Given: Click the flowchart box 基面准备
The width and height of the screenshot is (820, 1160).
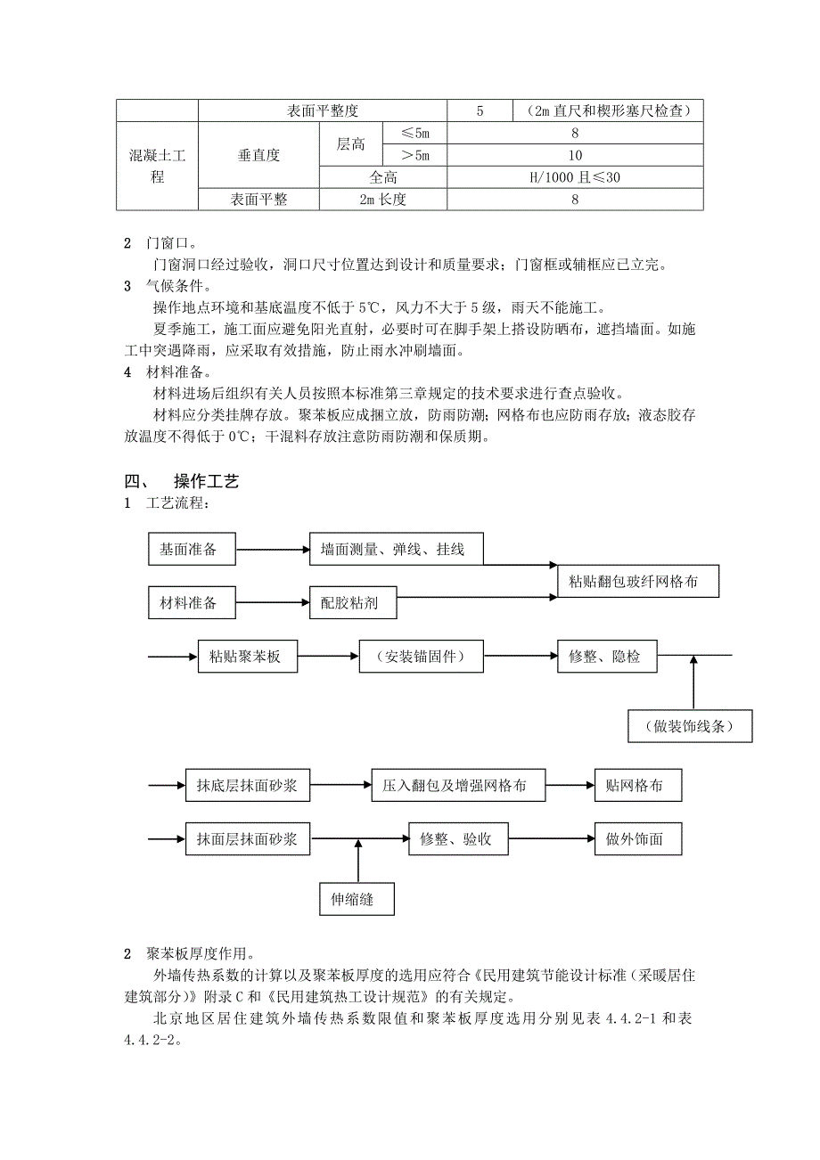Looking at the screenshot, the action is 192,549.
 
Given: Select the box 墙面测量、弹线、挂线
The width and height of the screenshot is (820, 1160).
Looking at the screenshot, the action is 398,549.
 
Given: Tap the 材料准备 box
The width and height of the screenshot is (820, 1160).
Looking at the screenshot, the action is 192,602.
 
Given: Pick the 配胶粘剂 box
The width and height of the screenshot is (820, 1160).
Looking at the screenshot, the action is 353,602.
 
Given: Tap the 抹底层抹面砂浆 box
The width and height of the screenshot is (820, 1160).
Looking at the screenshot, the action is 248,786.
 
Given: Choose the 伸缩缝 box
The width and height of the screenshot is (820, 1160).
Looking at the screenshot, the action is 357,899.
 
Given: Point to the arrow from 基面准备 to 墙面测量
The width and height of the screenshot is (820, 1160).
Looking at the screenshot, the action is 272,550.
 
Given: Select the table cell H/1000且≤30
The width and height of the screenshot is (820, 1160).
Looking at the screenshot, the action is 575,177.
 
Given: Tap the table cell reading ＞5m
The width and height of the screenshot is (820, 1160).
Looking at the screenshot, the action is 414,155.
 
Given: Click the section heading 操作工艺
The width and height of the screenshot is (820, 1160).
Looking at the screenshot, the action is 207,481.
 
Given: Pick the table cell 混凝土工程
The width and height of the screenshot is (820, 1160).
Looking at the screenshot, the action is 157,167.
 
